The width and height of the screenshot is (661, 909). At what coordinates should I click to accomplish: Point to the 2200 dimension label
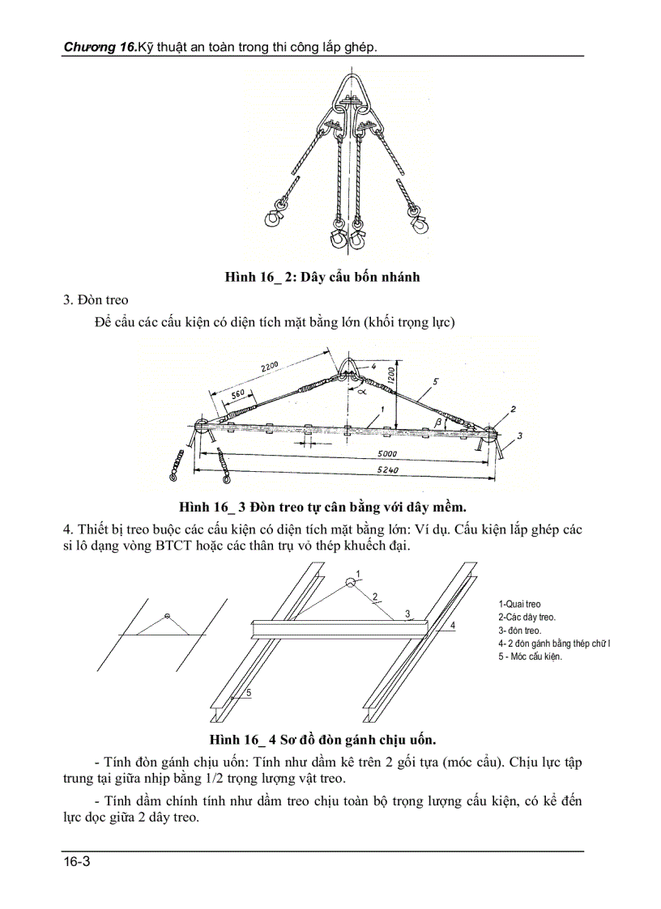269,369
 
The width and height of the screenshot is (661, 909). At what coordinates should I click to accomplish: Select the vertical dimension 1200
390,375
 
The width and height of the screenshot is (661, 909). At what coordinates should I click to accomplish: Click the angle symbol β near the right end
438,423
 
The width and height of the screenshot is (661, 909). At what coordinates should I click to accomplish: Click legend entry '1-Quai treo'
519,604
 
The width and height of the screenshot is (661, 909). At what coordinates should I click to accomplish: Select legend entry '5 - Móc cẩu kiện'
530,656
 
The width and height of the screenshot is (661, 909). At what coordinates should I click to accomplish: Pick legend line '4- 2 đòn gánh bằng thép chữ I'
554,644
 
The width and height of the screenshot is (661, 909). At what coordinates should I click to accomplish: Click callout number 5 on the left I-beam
249,693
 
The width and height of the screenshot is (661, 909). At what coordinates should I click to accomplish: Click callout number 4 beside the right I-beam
453,626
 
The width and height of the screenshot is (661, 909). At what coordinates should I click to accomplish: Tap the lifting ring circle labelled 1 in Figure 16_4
349,581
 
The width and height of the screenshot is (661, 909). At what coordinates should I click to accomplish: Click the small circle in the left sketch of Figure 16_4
166,617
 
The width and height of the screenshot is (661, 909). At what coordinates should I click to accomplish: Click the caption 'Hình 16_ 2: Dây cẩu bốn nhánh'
322,277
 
